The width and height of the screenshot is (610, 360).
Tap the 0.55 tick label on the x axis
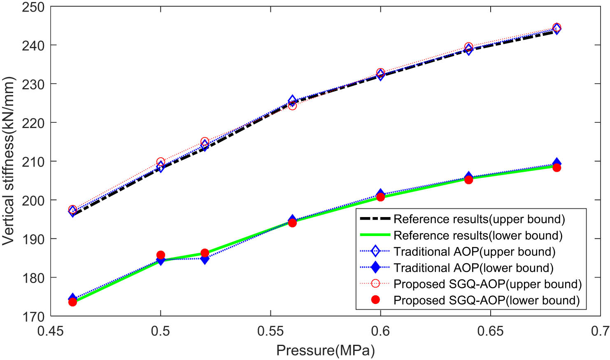(x=270, y=331)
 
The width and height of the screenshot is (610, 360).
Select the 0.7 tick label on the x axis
(x=600, y=331)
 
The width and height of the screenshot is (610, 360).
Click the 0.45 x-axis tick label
(x=51, y=331)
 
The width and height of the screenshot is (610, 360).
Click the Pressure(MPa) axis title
(x=325, y=351)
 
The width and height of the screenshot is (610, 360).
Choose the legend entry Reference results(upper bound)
(x=479, y=219)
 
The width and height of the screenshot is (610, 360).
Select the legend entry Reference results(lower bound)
(x=477, y=236)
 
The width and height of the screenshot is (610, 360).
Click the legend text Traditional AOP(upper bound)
(x=474, y=252)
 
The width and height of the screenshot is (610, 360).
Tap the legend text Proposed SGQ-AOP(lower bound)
(x=486, y=300)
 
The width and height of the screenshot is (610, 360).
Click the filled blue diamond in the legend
(x=375, y=268)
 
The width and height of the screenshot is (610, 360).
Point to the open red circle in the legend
(x=375, y=284)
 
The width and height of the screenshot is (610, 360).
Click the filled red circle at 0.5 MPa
(x=161, y=255)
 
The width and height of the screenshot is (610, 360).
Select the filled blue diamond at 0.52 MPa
(x=205, y=259)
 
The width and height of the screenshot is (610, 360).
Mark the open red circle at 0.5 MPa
(x=161, y=162)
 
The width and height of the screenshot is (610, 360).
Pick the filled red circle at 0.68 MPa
(x=556, y=167)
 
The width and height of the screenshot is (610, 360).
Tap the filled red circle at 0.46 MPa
(x=72, y=302)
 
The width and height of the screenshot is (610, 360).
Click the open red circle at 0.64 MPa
(x=468, y=47)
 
